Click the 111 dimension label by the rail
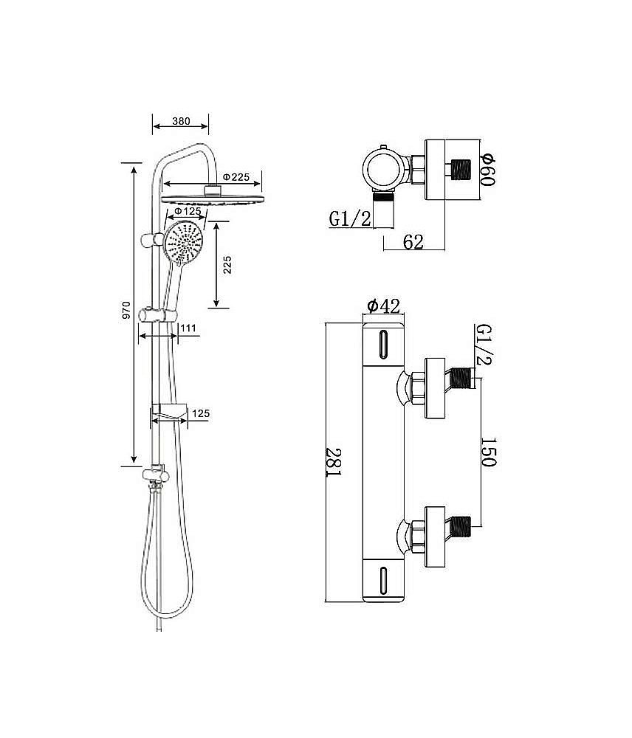coord(188,328)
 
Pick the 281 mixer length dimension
coord(334,462)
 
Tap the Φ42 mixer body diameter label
coord(382,306)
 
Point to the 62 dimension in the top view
coord(413,241)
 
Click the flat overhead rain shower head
coord(211,199)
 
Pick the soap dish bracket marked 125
coord(170,411)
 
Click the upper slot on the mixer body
coord(382,345)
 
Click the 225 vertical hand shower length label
coord(227,263)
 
